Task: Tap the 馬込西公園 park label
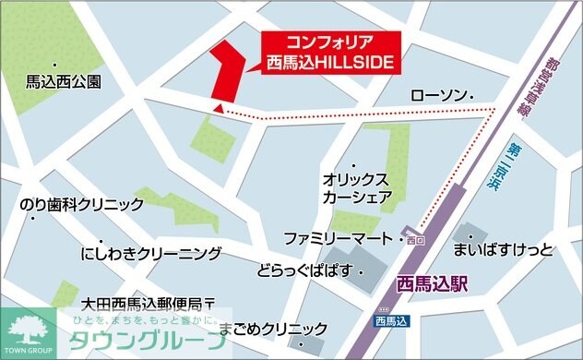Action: tap(64, 81)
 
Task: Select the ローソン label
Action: tap(438, 96)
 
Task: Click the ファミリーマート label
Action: tap(339, 235)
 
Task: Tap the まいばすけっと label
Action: tap(503, 249)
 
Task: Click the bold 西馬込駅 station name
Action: tap(431, 283)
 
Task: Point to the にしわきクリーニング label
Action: tap(151, 253)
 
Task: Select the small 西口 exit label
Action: tap(414, 240)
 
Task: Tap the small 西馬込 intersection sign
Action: tap(391, 321)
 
